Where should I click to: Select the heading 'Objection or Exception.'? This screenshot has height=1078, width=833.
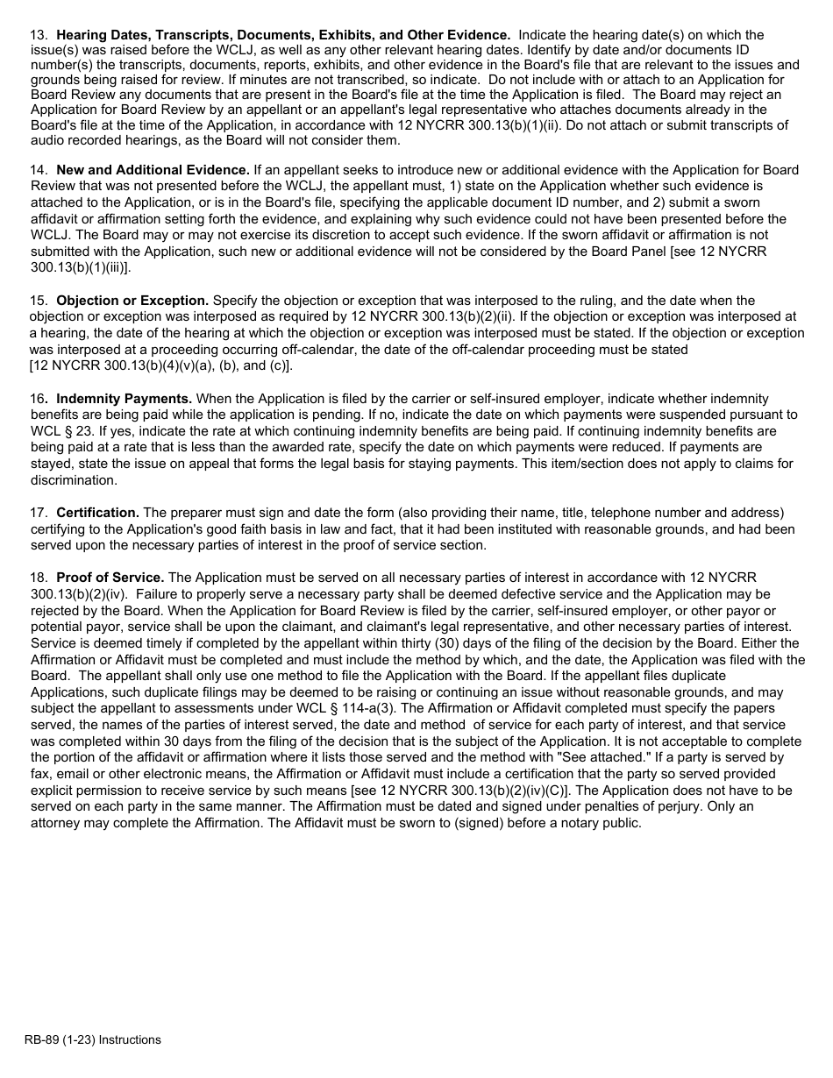pyautogui.click(x=132, y=301)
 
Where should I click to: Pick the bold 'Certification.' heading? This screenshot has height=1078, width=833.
pyautogui.click(x=97, y=513)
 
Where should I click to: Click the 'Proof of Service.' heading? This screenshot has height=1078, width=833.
pyautogui.click(x=110, y=578)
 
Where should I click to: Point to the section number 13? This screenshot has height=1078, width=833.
pyautogui.click(x=39, y=35)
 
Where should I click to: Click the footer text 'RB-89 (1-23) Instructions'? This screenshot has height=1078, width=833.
pyautogui.click(x=93, y=1040)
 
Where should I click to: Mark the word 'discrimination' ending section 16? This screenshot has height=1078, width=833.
pyautogui.click(x=73, y=480)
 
